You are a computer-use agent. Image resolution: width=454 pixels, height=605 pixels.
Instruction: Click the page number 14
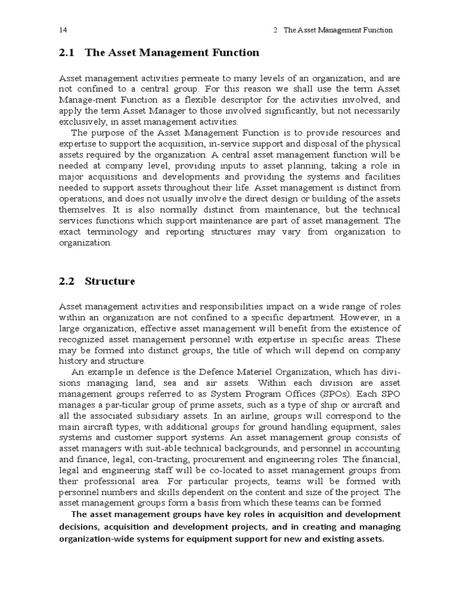coord(63,30)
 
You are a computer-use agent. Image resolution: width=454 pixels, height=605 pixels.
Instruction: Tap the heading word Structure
coord(110,281)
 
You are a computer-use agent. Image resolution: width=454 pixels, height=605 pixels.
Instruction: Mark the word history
coord(74,360)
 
